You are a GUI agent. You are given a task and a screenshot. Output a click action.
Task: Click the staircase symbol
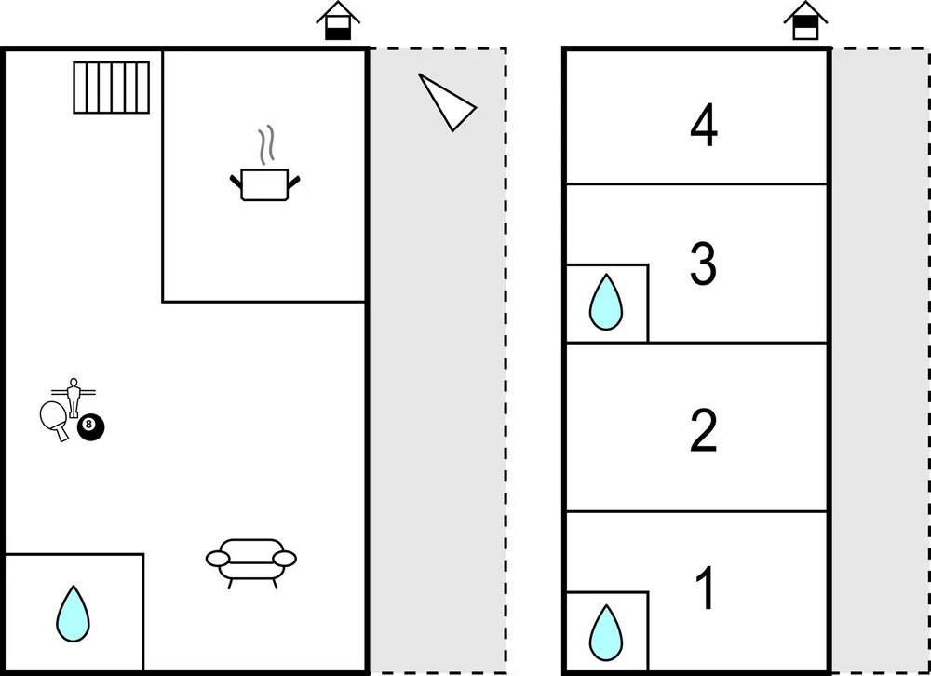112,88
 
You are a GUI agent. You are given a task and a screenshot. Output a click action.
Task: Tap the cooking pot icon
265,184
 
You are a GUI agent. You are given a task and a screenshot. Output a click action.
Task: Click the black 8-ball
90,427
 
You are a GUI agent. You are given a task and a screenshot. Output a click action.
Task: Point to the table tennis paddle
54,417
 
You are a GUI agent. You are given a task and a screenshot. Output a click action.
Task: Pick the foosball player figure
74,395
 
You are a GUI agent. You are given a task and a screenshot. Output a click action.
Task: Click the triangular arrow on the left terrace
446,102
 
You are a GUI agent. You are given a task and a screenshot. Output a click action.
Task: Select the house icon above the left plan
337,20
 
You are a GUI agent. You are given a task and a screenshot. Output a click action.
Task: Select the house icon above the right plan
804,20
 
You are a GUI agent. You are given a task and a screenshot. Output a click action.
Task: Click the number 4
704,127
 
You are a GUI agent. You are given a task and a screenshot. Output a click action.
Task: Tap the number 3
703,264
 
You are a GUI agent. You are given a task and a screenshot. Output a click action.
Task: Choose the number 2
704,431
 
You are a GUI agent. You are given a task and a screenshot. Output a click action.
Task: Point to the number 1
708,588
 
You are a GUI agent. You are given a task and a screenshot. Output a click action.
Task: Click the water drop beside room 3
605,302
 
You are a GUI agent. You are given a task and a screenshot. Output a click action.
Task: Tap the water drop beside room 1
605,632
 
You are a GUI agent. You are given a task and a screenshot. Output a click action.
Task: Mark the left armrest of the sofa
217,559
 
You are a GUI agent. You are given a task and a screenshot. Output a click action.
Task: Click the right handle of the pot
295,180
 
